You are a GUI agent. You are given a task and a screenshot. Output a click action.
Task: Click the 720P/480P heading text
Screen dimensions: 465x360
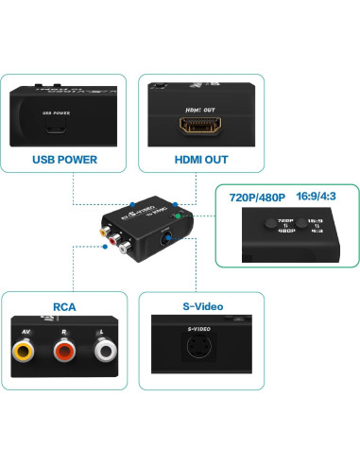[258, 198]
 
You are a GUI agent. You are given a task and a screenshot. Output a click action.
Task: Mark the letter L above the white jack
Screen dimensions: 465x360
[105, 331]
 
